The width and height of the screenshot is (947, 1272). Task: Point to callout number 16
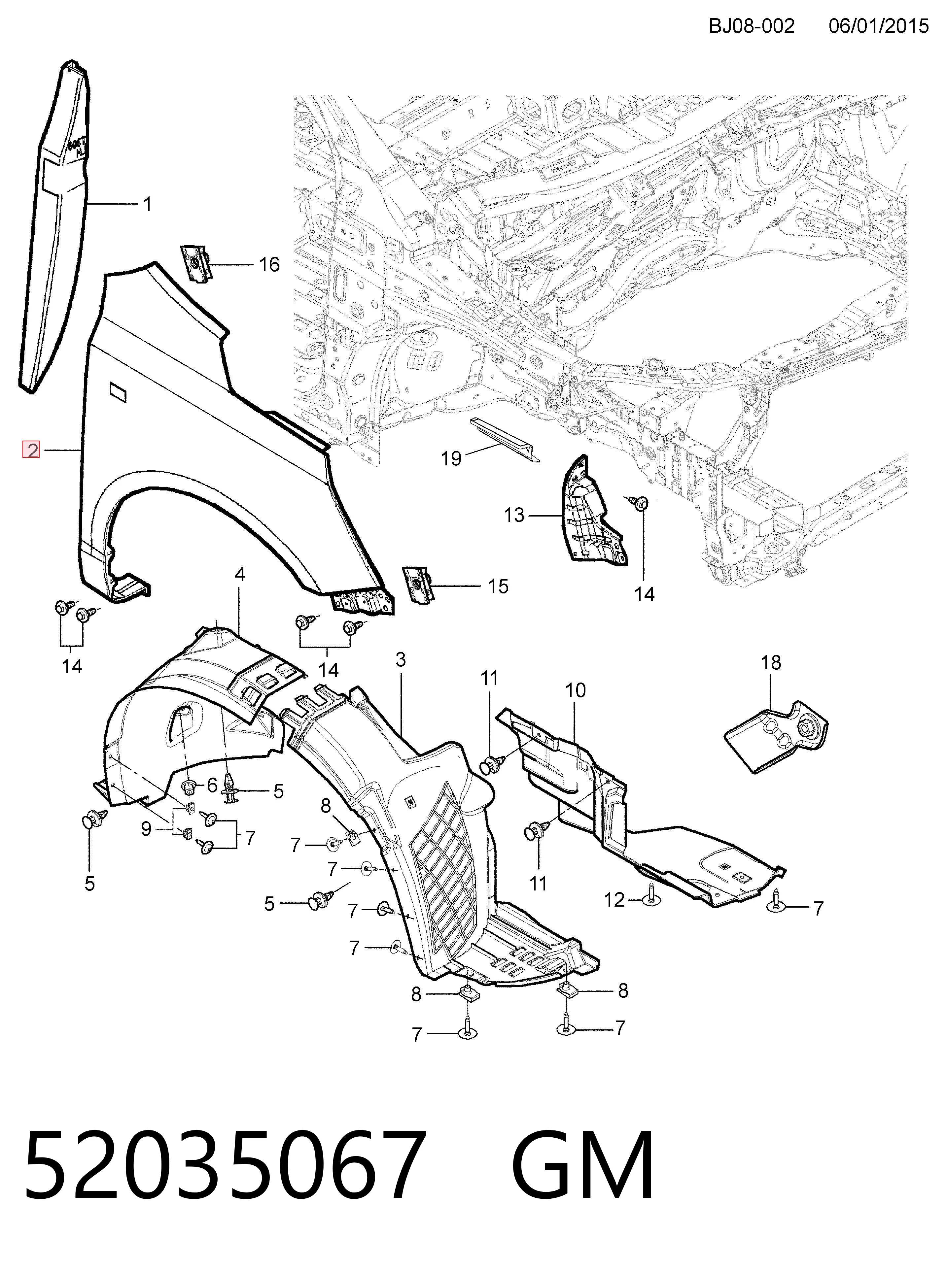coord(269,265)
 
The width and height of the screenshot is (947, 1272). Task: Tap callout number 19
coord(451,458)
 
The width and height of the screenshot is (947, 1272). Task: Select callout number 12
coord(614,900)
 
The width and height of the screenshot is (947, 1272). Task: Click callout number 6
coord(212,786)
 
